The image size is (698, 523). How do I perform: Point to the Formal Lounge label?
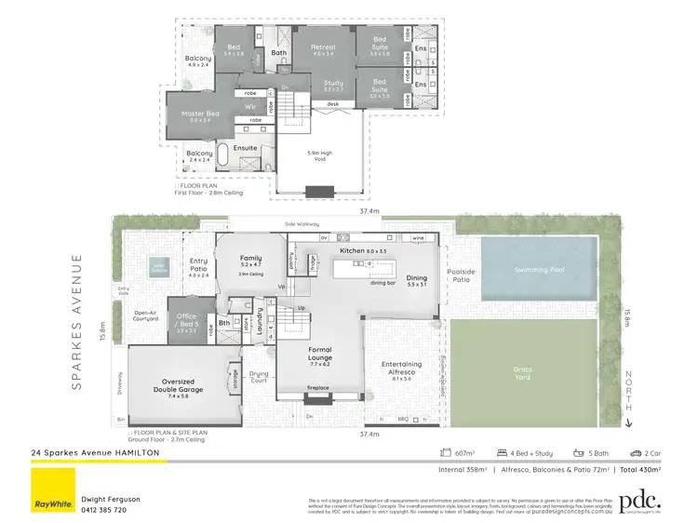(320, 354)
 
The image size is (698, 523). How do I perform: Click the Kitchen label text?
(353, 251)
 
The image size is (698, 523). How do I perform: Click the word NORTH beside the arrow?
(629, 387)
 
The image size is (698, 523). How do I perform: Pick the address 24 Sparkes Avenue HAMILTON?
(95, 452)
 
